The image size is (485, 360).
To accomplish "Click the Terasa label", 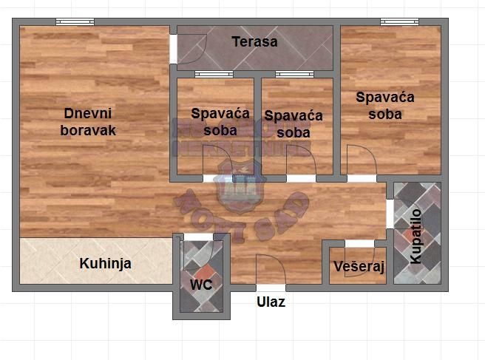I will pyautogui.click(x=254, y=42).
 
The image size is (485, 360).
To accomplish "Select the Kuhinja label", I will pyautogui.click(x=105, y=263).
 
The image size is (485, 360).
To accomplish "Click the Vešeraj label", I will pyautogui.click(x=359, y=268).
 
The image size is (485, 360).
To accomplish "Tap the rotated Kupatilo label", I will pyautogui.click(x=416, y=236).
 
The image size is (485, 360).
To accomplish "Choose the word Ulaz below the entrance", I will pyautogui.click(x=271, y=302).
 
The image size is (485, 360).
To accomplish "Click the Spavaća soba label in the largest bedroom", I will pyautogui.click(x=385, y=105).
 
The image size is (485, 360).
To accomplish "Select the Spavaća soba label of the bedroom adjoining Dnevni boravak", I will pyautogui.click(x=214, y=122).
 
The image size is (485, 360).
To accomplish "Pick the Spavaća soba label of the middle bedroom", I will pyautogui.click(x=294, y=124).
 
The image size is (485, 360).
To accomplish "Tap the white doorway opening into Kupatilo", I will pyautogui.click(x=390, y=214).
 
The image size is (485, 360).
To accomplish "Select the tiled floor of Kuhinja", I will pyautogui.click(x=52, y=259).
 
